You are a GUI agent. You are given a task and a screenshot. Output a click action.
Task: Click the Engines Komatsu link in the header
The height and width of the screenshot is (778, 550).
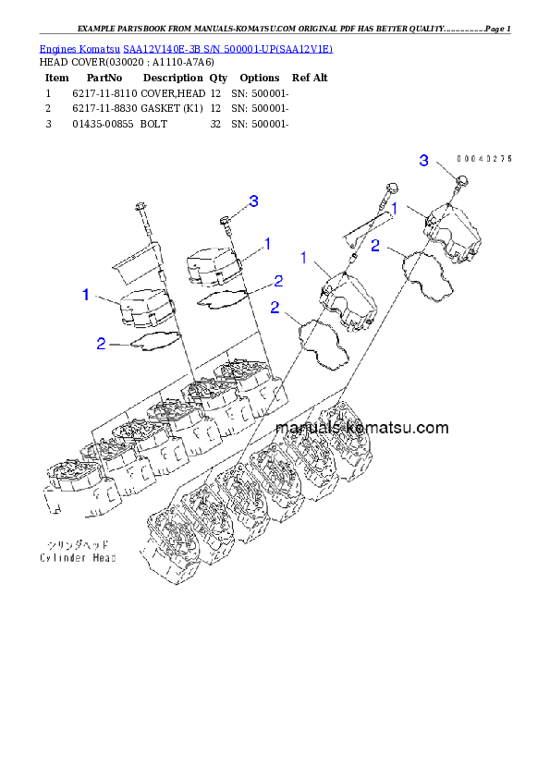tap(185, 48)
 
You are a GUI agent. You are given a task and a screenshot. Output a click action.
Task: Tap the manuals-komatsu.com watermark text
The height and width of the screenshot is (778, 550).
tap(361, 428)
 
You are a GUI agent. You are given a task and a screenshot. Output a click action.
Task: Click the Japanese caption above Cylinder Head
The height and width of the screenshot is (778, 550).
tap(73, 545)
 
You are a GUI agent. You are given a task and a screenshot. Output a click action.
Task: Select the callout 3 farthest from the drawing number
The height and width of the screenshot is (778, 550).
tap(253, 201)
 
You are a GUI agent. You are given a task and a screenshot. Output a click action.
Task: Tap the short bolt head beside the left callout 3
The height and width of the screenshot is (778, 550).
tap(225, 219)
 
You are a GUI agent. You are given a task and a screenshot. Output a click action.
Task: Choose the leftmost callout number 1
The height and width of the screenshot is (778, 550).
tap(86, 295)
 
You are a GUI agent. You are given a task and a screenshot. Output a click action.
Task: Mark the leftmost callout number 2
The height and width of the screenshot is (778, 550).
tap(102, 344)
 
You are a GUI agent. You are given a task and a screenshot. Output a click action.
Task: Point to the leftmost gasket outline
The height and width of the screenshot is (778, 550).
tap(154, 342)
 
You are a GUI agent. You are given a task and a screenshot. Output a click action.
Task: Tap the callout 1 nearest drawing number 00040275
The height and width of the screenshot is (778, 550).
tap(394, 210)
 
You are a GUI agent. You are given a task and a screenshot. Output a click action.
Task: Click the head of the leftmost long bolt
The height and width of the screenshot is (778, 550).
tap(139, 205)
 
